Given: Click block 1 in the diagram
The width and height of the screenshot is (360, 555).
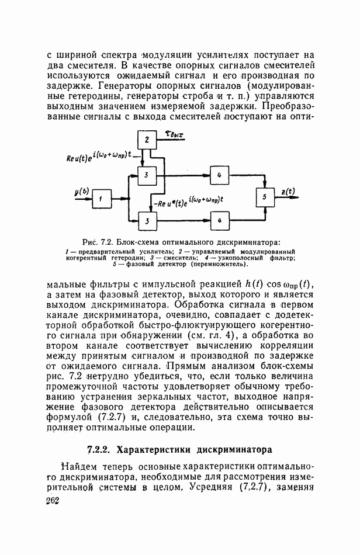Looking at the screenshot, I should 101,199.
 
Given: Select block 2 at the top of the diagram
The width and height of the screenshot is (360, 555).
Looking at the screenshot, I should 147,139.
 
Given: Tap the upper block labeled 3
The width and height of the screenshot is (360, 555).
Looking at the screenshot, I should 147,175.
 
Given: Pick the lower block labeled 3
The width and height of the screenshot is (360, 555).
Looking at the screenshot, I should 147,220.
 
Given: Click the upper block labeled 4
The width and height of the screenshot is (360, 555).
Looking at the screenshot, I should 219,175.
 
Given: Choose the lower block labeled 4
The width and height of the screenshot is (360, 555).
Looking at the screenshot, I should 219,220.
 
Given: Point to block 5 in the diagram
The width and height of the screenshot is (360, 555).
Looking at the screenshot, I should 265,198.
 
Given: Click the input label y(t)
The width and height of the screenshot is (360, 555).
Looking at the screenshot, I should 81,191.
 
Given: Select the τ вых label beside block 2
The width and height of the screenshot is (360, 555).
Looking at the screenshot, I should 172,136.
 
